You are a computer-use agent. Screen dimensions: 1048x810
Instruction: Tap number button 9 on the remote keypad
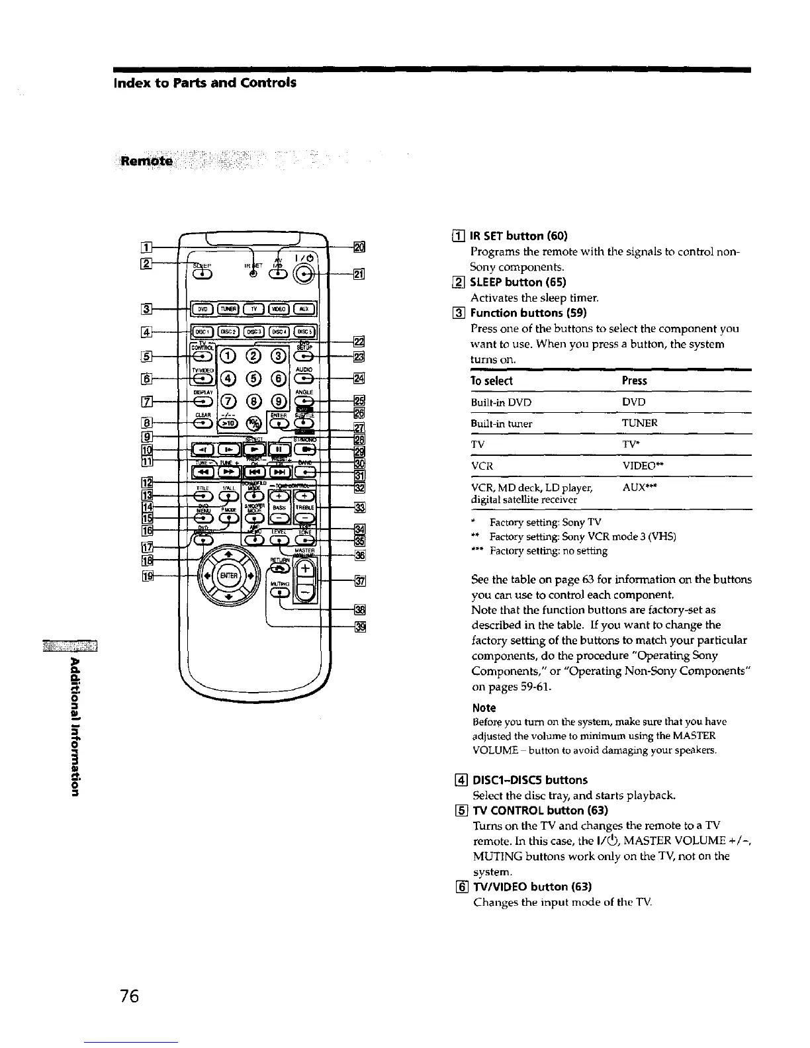click(279, 402)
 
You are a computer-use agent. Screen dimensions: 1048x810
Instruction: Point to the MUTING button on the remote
click(280, 592)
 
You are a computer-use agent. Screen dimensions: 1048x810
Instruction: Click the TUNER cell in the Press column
click(640, 423)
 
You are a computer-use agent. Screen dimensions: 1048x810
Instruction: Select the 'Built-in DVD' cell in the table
click(501, 402)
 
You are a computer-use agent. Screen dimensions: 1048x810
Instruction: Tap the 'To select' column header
click(491, 381)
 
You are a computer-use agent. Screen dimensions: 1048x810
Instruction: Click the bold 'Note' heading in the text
click(482, 708)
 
